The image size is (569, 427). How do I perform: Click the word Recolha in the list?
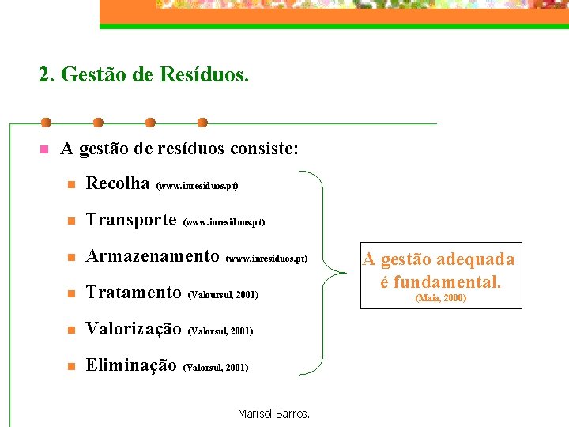click(118, 183)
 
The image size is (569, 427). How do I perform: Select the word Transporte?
click(130, 220)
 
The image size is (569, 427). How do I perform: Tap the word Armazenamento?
click(153, 256)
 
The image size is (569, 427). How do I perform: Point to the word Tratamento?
click(134, 293)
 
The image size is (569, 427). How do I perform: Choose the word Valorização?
click(134, 329)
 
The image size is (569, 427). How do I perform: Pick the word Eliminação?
click(131, 365)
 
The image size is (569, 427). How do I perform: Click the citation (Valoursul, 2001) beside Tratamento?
click(224, 295)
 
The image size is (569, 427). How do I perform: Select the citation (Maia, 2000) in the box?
click(441, 298)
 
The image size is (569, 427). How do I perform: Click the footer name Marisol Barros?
click(273, 414)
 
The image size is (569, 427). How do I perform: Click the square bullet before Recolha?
click(70, 185)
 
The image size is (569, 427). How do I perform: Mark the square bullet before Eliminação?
click(70, 367)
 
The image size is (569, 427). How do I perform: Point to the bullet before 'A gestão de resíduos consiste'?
click(44, 149)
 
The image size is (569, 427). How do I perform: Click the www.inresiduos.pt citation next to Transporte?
click(224, 222)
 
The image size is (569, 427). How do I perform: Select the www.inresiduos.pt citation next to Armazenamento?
click(266, 259)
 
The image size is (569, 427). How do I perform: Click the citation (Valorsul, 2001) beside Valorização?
click(220, 331)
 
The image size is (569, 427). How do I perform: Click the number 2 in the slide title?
click(44, 75)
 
